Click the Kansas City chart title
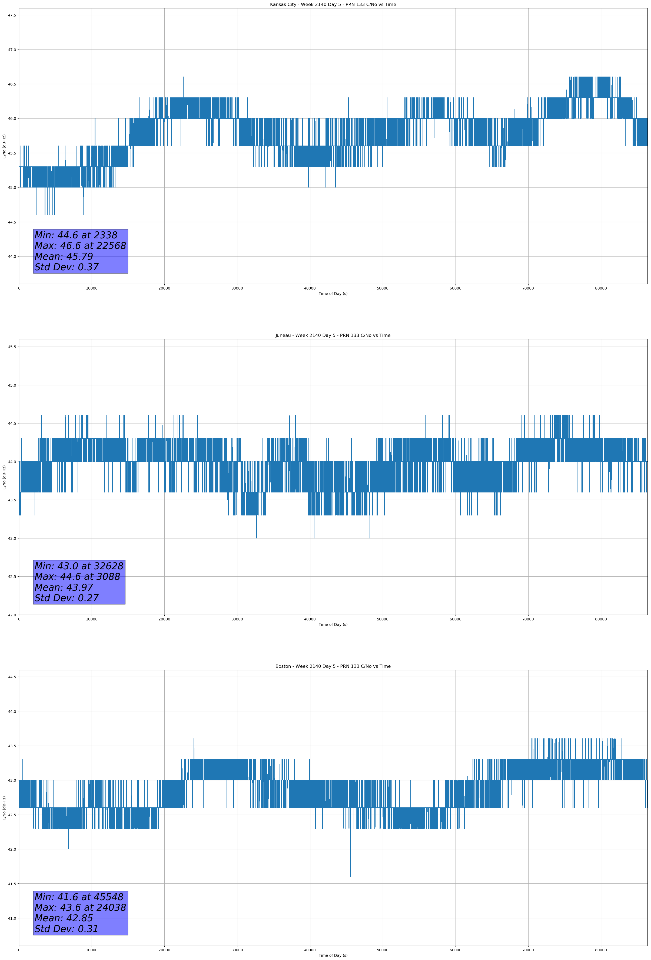click(x=333, y=5)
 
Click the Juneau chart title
click(x=333, y=336)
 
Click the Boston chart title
click(x=333, y=666)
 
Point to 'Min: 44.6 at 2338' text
click(x=76, y=235)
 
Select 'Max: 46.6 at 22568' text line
click(x=80, y=246)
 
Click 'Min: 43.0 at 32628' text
click(x=79, y=566)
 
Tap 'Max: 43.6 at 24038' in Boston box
click(x=80, y=908)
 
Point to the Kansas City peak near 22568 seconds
click(x=183, y=78)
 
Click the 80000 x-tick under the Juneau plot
click(x=601, y=619)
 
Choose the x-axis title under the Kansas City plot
click(x=333, y=294)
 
